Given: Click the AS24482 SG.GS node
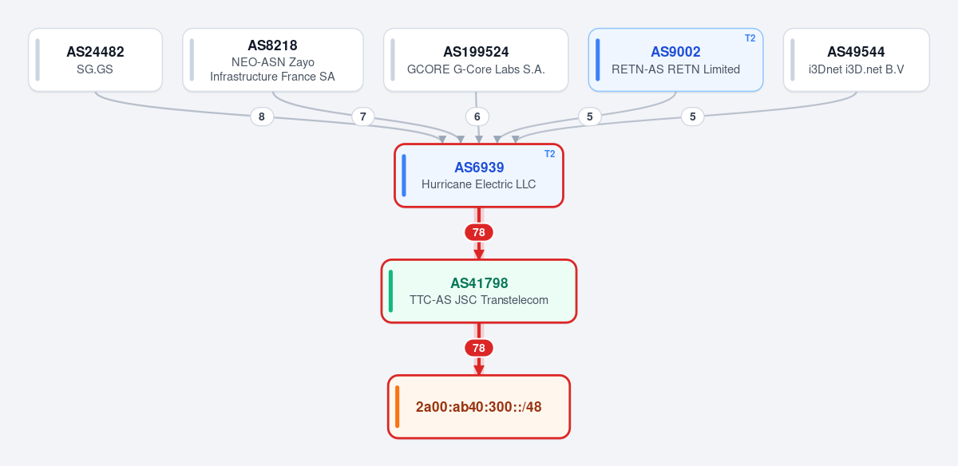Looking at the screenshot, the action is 95,60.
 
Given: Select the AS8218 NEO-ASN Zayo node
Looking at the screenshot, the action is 273,60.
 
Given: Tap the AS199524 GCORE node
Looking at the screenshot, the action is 476,60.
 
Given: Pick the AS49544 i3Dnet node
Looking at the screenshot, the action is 856,60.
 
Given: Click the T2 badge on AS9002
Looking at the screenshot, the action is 750,38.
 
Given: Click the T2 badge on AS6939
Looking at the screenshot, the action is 549,154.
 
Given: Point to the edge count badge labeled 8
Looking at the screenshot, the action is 262,116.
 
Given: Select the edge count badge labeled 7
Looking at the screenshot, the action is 363,116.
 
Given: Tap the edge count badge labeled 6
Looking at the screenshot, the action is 477,116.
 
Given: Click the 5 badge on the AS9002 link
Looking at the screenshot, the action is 590,116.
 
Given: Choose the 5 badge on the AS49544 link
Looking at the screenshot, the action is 692,116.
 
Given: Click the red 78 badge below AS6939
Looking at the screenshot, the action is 478,232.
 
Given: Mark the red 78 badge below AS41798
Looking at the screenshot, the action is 478,348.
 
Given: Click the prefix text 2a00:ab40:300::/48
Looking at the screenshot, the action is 478,407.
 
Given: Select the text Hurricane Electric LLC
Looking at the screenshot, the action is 478,184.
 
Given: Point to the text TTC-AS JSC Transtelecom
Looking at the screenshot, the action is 478,300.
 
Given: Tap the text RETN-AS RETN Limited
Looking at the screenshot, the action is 675,69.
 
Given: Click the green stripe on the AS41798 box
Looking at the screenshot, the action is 390,291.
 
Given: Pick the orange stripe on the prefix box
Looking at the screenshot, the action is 398,407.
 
